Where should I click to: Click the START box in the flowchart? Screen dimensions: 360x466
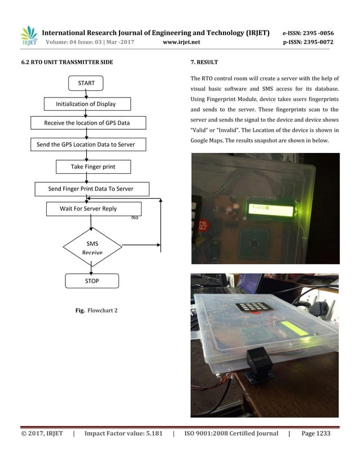click(x=86, y=83)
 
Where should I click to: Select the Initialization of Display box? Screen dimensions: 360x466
click(x=87, y=104)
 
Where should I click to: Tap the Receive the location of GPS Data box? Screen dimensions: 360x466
click(x=87, y=122)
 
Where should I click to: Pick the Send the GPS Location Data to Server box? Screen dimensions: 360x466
click(x=86, y=144)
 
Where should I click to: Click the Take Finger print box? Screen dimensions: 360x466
click(x=93, y=167)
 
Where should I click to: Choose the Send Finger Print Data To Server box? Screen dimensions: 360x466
click(x=90, y=188)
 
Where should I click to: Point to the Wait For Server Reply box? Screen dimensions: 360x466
click(x=89, y=209)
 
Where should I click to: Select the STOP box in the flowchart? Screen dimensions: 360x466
click(x=92, y=280)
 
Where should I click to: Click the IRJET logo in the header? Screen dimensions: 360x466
click(x=28, y=36)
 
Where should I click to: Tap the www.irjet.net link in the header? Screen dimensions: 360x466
click(x=181, y=42)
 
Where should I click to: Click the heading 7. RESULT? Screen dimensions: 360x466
click(x=204, y=61)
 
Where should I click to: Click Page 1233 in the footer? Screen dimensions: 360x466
click(x=316, y=433)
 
